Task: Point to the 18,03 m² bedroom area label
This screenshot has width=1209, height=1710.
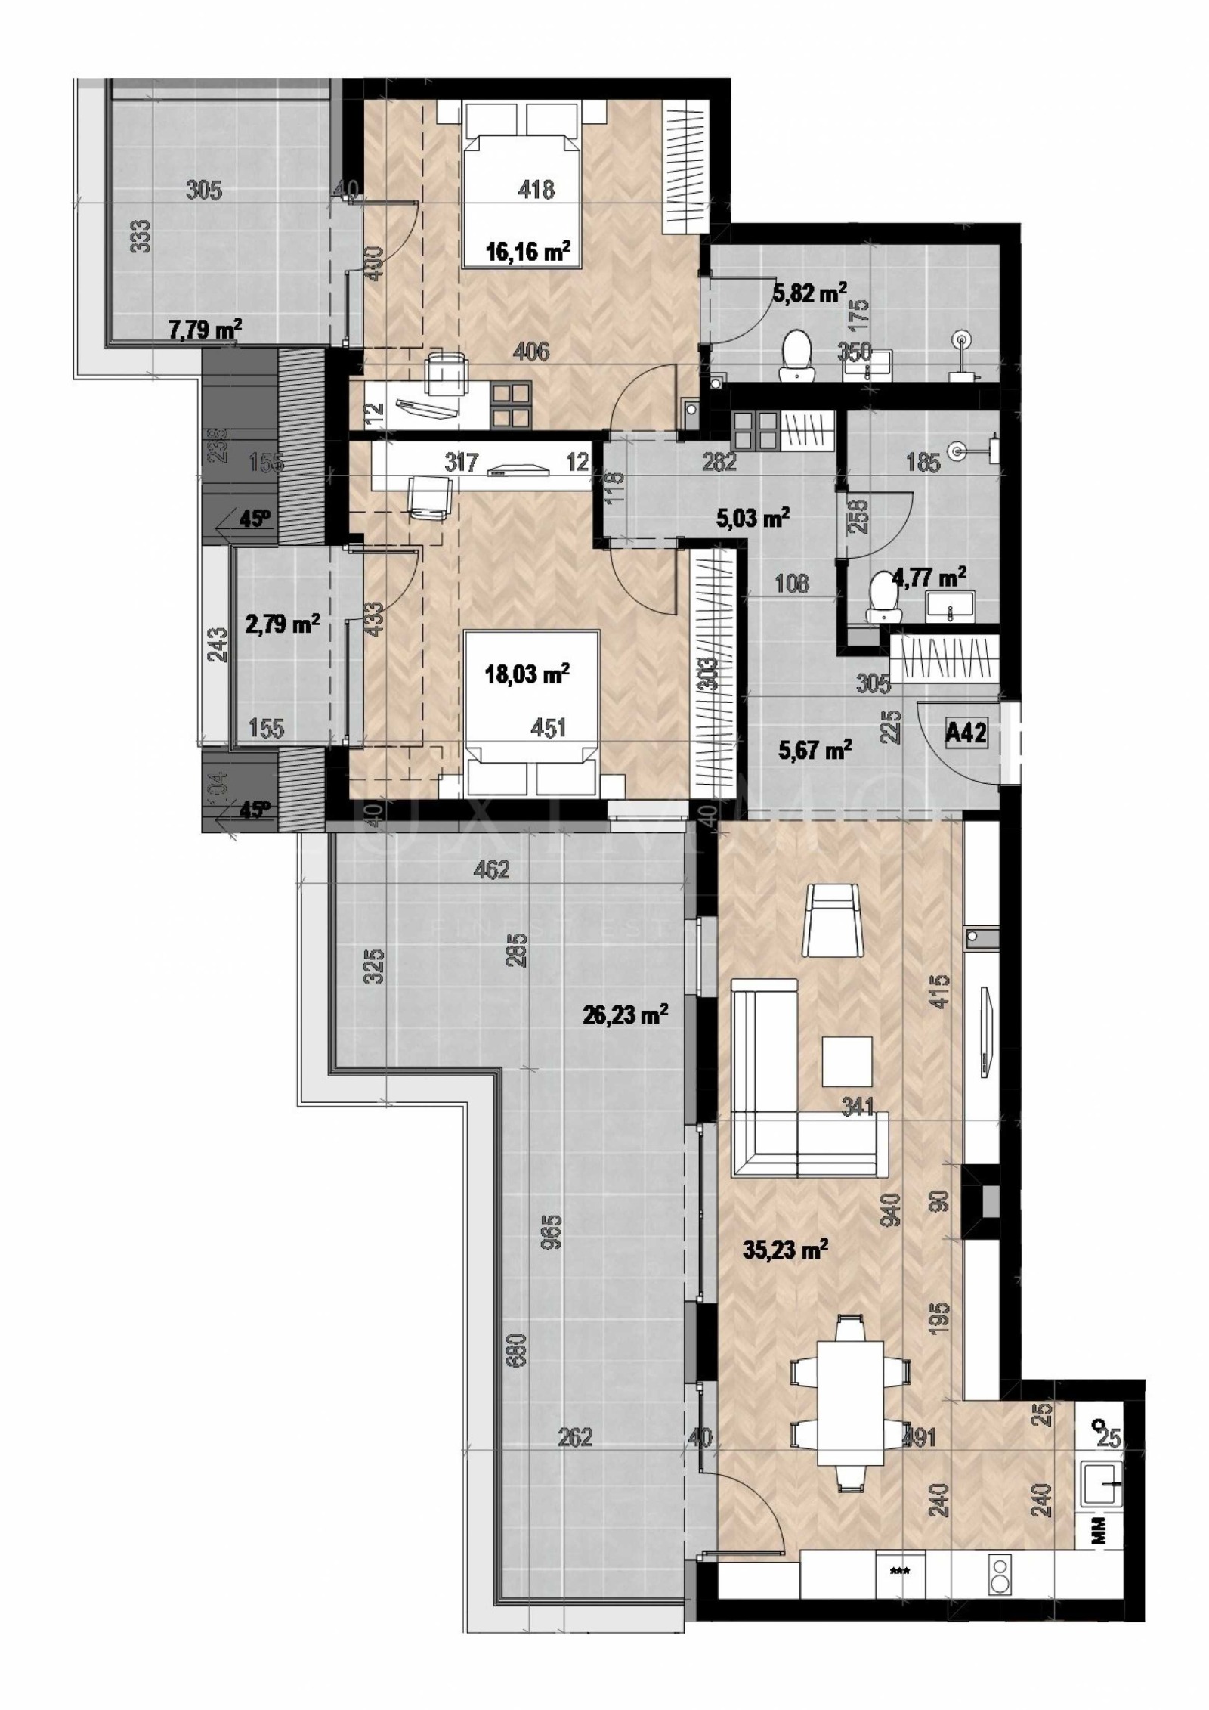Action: pyautogui.click(x=527, y=673)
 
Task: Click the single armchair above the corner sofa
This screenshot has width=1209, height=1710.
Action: pyautogui.click(x=834, y=920)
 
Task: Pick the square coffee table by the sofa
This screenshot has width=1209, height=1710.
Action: pyautogui.click(x=847, y=1061)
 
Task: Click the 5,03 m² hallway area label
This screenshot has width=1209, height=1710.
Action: pyautogui.click(x=753, y=518)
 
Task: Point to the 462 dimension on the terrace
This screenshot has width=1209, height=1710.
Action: pyautogui.click(x=492, y=869)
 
